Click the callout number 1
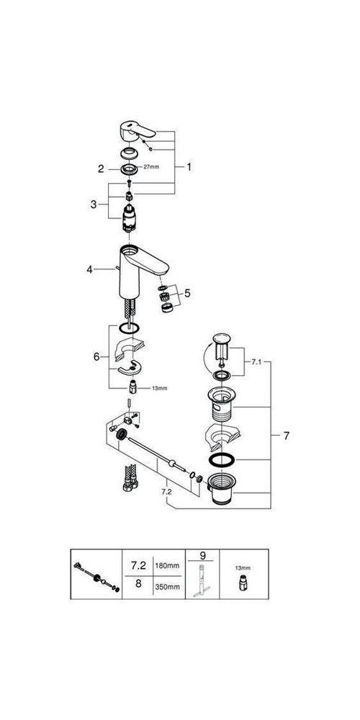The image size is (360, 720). click(189, 166)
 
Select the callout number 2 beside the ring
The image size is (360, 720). click(102, 169)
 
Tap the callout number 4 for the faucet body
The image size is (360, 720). click(90, 269)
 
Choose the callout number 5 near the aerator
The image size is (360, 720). click(187, 293)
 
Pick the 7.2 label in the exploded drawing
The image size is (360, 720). click(167, 490)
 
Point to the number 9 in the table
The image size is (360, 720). click(202, 557)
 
